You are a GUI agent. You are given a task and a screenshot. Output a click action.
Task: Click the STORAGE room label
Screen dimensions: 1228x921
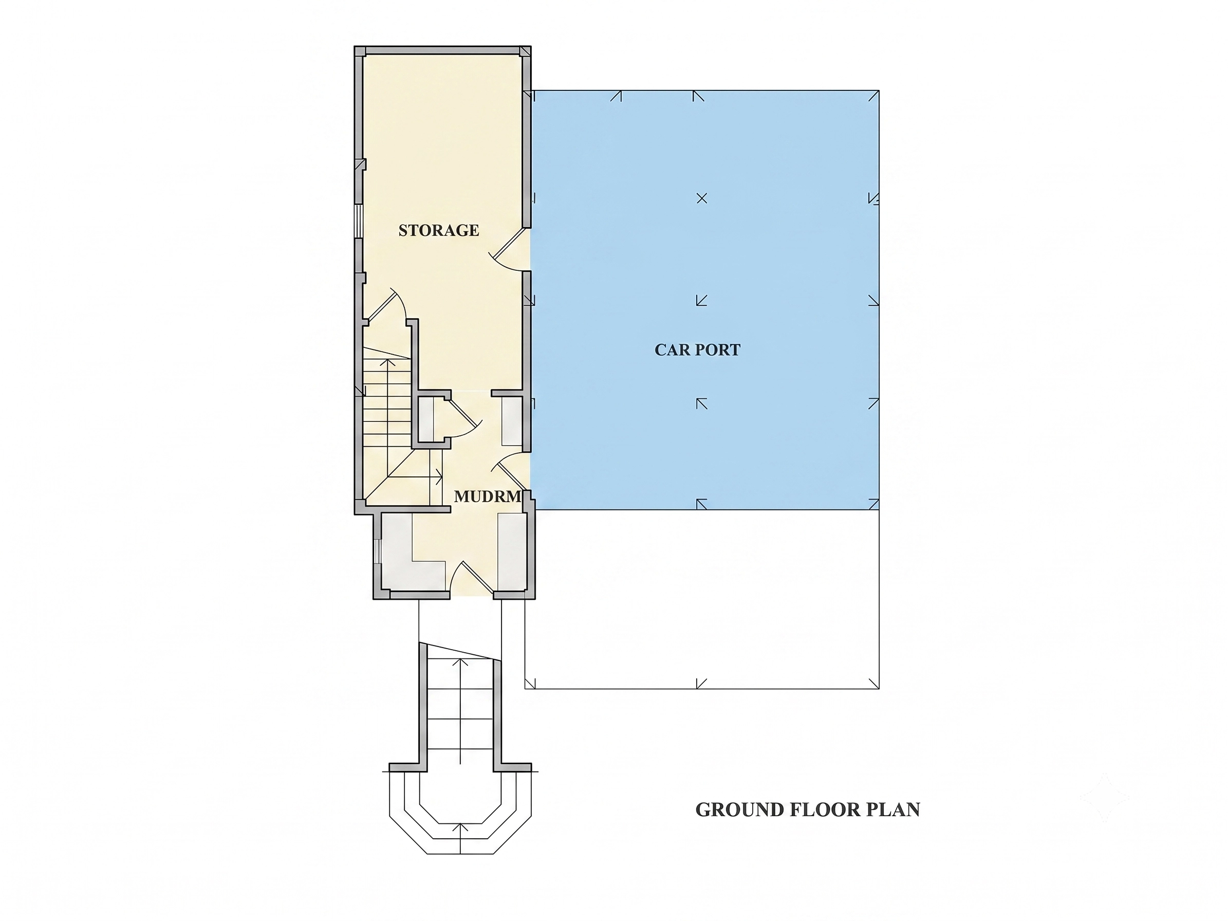[439, 230]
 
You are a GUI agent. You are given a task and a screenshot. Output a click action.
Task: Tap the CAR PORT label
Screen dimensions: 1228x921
[697, 350]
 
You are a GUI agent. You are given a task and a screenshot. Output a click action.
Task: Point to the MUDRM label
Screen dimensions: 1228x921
[488, 497]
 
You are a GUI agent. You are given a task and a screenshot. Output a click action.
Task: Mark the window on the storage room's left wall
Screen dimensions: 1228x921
[359, 222]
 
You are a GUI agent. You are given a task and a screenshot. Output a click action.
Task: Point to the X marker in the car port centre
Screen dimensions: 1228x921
[702, 198]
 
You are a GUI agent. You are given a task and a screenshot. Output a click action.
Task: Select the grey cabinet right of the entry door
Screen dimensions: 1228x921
[511, 552]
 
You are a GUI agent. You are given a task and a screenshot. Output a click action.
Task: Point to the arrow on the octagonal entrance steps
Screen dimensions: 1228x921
[460, 839]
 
